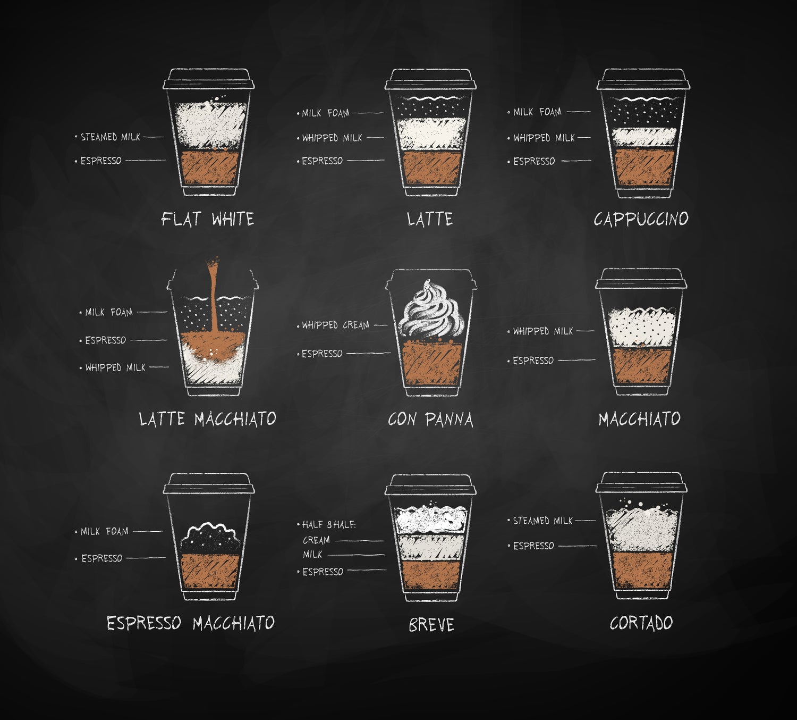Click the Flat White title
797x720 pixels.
[x=207, y=219]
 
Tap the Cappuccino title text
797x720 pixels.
[x=641, y=219]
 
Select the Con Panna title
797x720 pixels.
[x=431, y=420]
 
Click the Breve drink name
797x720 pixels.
[x=431, y=624]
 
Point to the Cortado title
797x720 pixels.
[x=641, y=623]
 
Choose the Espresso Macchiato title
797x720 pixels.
[x=191, y=623]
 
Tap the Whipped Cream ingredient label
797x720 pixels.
[x=336, y=325]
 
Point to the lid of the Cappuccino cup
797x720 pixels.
[x=643, y=79]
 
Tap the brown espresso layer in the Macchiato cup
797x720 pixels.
[x=642, y=365]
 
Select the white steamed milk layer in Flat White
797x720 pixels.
[x=210, y=126]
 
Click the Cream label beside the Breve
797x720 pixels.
[x=316, y=540]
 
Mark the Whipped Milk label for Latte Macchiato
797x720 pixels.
[x=115, y=367]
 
